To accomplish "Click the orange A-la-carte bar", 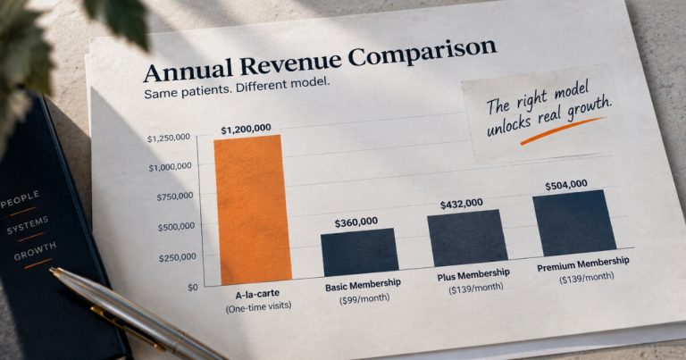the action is pyautogui.click(x=253, y=210).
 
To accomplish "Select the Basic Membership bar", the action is pyautogui.click(x=360, y=252).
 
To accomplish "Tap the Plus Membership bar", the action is pyautogui.click(x=467, y=238).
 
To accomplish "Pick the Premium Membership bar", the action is pyautogui.click(x=575, y=222).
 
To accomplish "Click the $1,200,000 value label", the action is pyautogui.click(x=246, y=130).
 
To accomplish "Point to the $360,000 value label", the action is pyautogui.click(x=356, y=222).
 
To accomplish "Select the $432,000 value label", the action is pyautogui.click(x=462, y=205).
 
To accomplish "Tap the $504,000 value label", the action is pyautogui.click(x=566, y=185).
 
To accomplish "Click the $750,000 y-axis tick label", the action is pyautogui.click(x=174, y=197).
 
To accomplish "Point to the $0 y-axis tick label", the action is pyautogui.click(x=193, y=288).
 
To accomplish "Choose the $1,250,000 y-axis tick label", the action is pyautogui.click(x=169, y=138).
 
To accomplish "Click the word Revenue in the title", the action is pyautogui.click(x=290, y=63).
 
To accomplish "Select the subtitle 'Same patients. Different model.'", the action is pyautogui.click(x=236, y=88).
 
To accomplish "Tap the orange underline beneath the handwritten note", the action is pyautogui.click(x=563, y=130).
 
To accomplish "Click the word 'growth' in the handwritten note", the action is pyautogui.click(x=589, y=110).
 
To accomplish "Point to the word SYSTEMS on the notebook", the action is pyautogui.click(x=27, y=225).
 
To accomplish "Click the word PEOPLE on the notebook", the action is pyautogui.click(x=21, y=198).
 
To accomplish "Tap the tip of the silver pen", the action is pyautogui.click(x=51, y=270).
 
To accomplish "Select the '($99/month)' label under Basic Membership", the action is pyautogui.click(x=364, y=299).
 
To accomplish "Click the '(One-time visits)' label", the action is pyautogui.click(x=258, y=306).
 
